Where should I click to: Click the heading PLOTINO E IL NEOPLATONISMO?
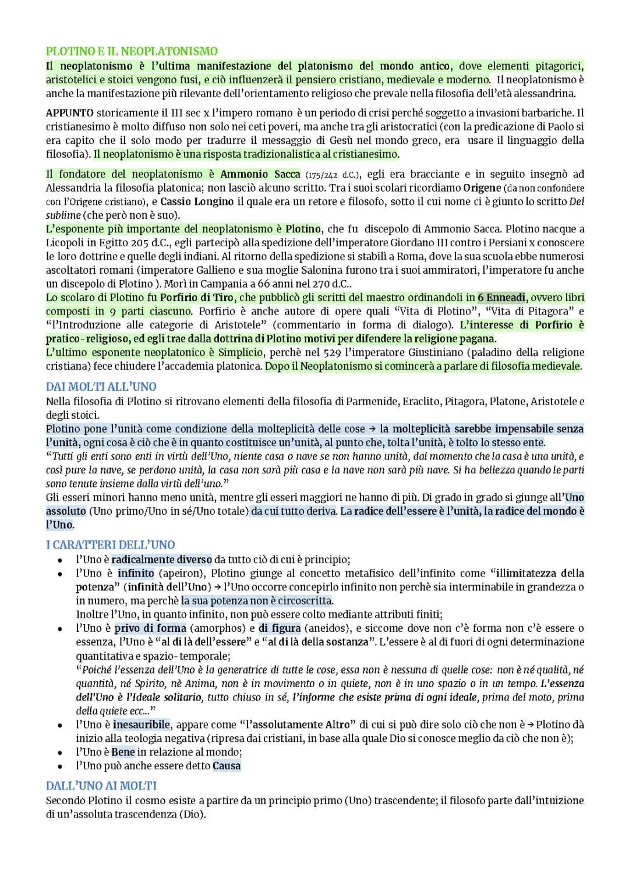coord(132,51)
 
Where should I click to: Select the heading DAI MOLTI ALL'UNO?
coord(101,387)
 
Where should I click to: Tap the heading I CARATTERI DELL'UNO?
coord(110,545)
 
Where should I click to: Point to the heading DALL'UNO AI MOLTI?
coord(101,786)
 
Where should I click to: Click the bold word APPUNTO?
coord(69,113)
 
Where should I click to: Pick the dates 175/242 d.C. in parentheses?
coord(334,175)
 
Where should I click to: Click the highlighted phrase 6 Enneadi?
coord(501,298)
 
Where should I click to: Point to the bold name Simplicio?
coord(241,352)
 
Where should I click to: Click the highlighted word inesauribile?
coord(142,725)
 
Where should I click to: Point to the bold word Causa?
coord(227,766)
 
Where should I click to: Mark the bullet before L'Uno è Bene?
coord(59,752)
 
